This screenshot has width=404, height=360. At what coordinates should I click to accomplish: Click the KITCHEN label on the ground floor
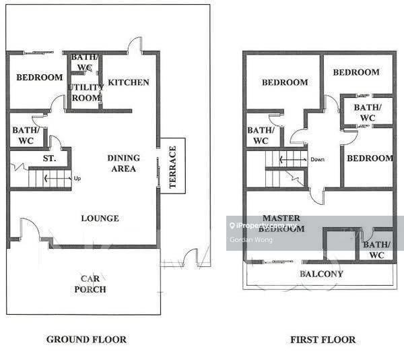(129, 82)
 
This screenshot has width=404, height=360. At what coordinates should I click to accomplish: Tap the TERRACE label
(172, 167)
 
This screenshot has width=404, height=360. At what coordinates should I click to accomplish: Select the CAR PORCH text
(90, 284)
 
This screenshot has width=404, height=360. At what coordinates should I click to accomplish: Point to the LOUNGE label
(100, 218)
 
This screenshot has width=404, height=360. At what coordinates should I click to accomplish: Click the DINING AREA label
(124, 163)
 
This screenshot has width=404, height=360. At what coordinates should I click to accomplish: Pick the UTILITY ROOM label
(86, 92)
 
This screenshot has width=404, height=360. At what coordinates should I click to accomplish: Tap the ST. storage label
(49, 158)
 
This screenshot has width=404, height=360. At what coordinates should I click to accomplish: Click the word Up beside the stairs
(77, 178)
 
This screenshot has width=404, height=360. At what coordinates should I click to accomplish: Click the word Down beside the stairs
(317, 160)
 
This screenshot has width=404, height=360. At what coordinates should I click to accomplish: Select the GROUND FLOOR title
(87, 339)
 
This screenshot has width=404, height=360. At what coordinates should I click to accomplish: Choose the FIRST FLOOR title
(323, 340)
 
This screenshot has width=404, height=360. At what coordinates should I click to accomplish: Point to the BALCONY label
(322, 274)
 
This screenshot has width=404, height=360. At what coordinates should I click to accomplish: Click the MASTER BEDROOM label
(281, 223)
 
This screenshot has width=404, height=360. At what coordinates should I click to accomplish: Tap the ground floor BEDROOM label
(40, 77)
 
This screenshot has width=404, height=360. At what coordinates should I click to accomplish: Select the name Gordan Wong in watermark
(251, 240)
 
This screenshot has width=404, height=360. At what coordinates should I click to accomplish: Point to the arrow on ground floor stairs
(58, 178)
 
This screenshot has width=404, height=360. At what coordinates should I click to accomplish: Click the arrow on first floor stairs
(293, 160)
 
